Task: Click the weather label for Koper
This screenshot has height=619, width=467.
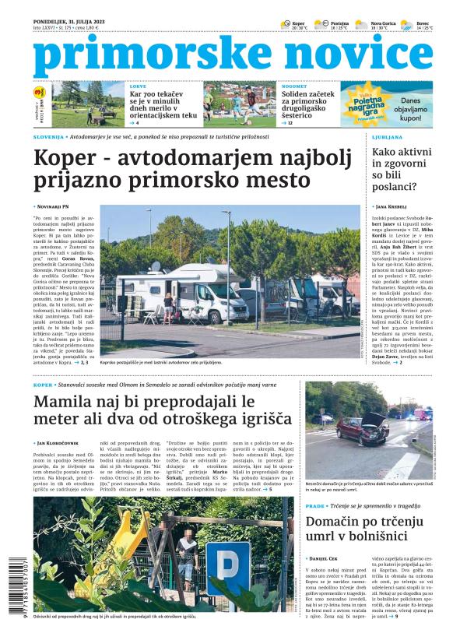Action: click(x=298, y=24)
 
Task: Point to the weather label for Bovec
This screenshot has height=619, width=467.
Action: click(x=423, y=24)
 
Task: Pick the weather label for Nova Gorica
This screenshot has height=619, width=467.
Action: click(x=384, y=24)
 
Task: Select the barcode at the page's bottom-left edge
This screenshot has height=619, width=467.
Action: click(x=9, y=580)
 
